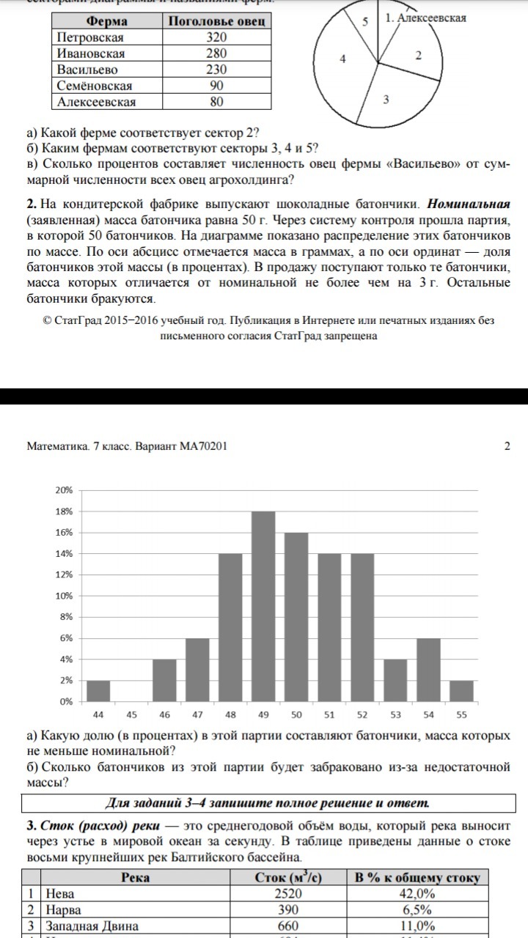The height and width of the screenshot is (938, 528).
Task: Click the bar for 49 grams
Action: click(x=263, y=606)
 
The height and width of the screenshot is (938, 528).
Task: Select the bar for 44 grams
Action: click(x=98, y=691)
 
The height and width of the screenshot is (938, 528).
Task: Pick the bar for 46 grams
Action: click(x=164, y=680)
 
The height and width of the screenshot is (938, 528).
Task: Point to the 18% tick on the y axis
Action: click(x=64, y=512)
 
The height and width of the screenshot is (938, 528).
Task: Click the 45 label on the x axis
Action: click(x=132, y=714)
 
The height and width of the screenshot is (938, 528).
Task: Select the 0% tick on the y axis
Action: click(x=65, y=701)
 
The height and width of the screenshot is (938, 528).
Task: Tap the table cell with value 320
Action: click(x=217, y=37)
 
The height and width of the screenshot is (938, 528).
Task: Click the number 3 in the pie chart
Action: click(x=386, y=100)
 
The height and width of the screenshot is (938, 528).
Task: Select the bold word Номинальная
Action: click(x=469, y=203)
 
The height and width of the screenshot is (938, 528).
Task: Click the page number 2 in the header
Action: click(x=507, y=446)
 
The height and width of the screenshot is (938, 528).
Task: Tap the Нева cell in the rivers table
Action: click(x=60, y=893)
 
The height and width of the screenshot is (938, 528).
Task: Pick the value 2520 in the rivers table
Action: click(x=287, y=893)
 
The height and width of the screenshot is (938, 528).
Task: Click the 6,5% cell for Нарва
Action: click(x=417, y=909)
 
